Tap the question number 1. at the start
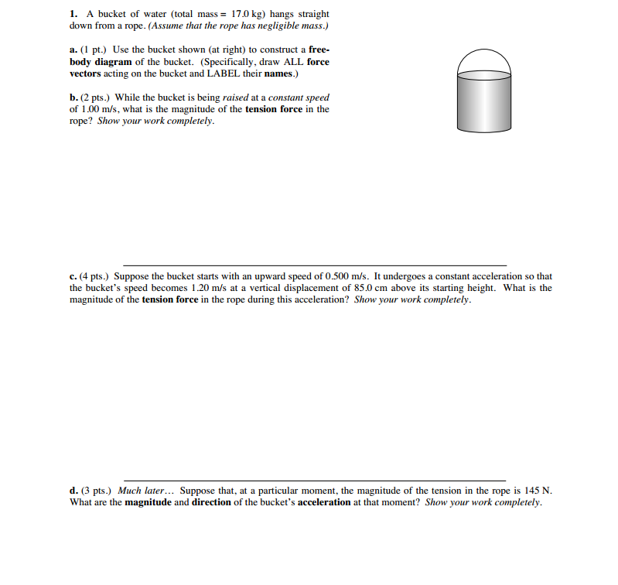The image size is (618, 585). coord(73,14)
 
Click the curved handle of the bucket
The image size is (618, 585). coord(483,54)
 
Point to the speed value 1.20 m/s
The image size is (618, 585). coord(204,288)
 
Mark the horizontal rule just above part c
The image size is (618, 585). coord(315,265)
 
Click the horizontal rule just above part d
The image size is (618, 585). coord(315,481)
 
